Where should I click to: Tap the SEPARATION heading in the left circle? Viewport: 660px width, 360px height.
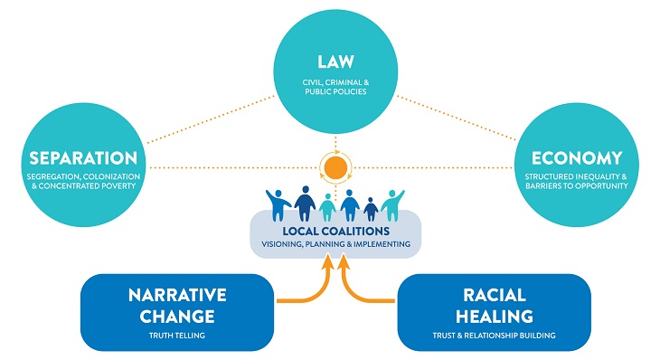coord(82,157)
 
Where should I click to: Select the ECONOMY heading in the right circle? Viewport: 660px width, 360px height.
coord(576,157)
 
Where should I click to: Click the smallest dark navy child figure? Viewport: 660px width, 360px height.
coord(371,207)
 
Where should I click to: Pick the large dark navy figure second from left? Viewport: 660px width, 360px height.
coord(305,201)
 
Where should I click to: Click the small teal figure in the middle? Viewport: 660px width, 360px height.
coord(326,207)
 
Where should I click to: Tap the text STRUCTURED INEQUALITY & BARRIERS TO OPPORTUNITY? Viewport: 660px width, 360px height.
coord(576,179)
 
